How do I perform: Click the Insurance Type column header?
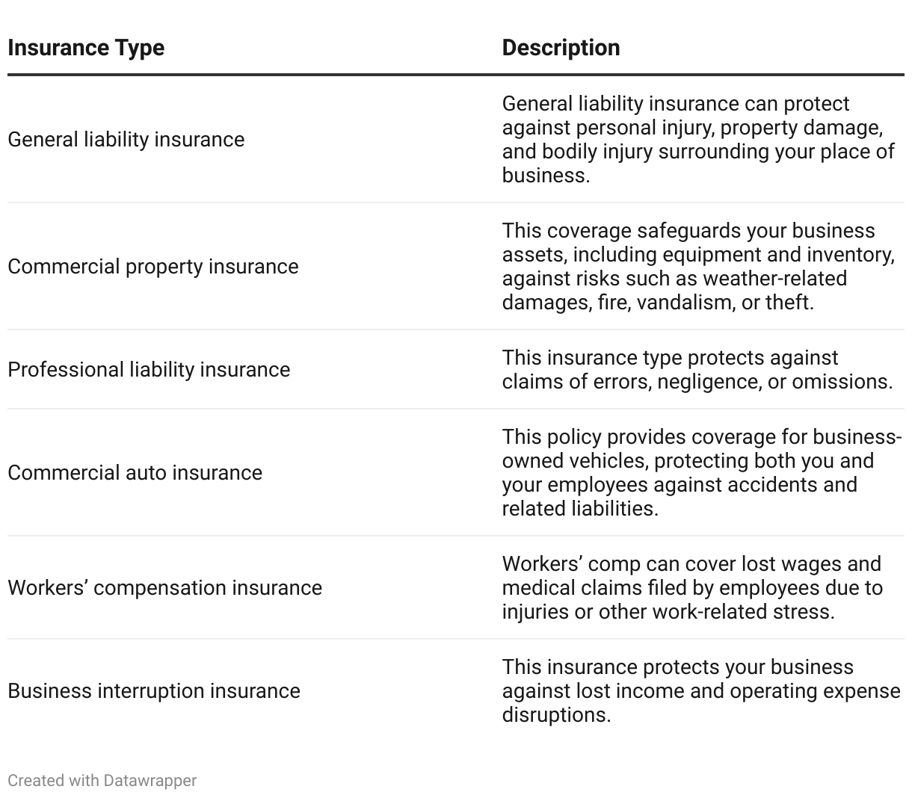pyautogui.click(x=86, y=48)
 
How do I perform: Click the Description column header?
pyautogui.click(x=561, y=48)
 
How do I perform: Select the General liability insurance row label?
pyautogui.click(x=126, y=140)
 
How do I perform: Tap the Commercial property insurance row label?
pyautogui.click(x=152, y=267)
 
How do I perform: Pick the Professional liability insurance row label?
pyautogui.click(x=149, y=370)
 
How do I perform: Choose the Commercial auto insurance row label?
pyautogui.click(x=135, y=473)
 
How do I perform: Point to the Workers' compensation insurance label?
pyautogui.click(x=164, y=588)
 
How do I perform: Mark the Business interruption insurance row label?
pyautogui.click(x=153, y=691)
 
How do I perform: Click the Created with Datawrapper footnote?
pyautogui.click(x=102, y=781)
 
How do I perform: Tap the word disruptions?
pyautogui.click(x=555, y=715)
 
